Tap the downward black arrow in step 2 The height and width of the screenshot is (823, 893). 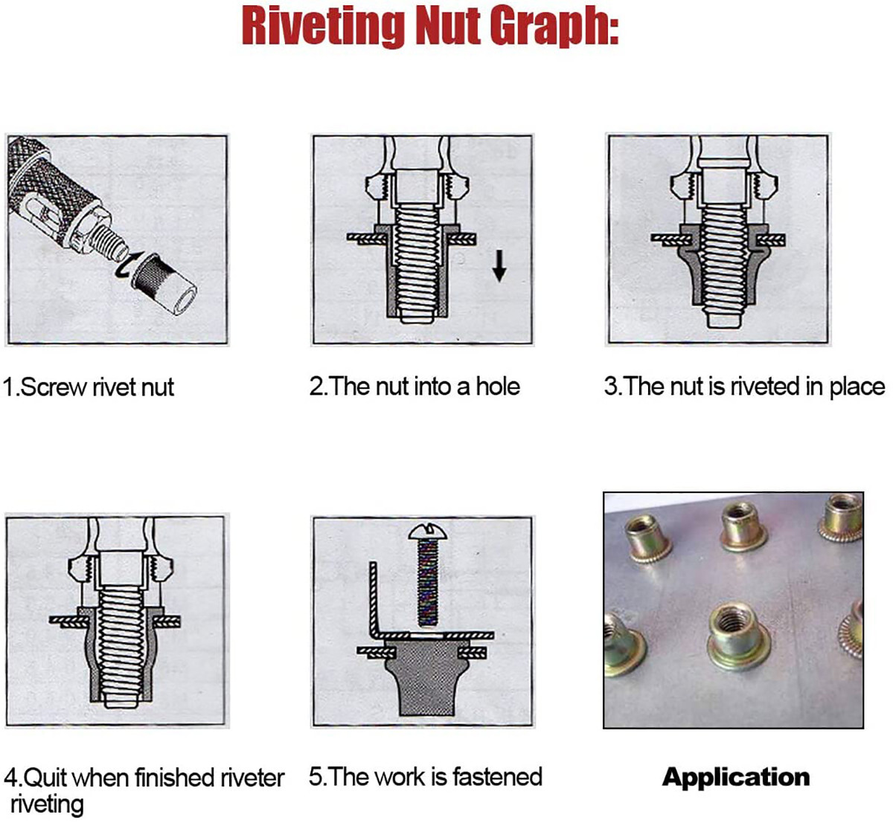499,265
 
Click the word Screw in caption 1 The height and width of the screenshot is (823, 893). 53,387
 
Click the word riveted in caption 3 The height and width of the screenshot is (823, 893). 764,387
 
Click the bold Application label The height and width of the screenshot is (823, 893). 735,778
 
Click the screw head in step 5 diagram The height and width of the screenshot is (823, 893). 426,532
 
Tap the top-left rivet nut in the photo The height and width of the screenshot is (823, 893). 645,538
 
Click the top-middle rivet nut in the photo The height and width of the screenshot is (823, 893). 741,523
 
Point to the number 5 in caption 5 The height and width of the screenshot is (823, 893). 316,777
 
